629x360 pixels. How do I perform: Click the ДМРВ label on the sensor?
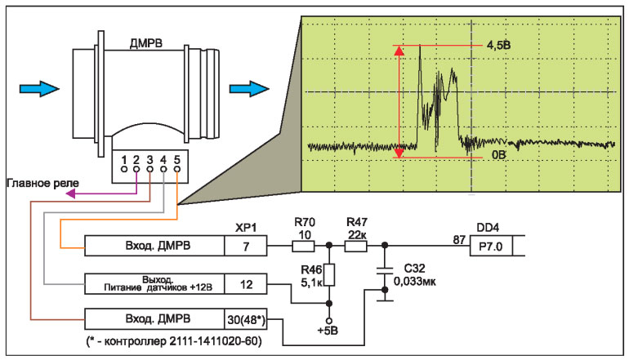(x=144, y=42)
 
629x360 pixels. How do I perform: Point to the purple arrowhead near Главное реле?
(x=71, y=194)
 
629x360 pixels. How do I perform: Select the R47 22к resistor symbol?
(x=357, y=245)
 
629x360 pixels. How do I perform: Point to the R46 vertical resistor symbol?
(x=329, y=276)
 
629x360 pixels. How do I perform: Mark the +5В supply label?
(x=329, y=331)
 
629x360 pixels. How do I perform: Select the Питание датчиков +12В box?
(x=155, y=283)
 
